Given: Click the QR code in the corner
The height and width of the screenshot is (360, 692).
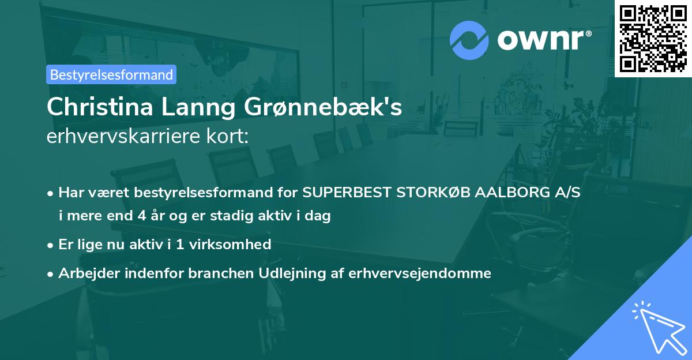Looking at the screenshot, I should pyautogui.click(x=653, y=38).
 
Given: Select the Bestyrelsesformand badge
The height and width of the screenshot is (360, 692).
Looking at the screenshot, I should pyautogui.click(x=111, y=74).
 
